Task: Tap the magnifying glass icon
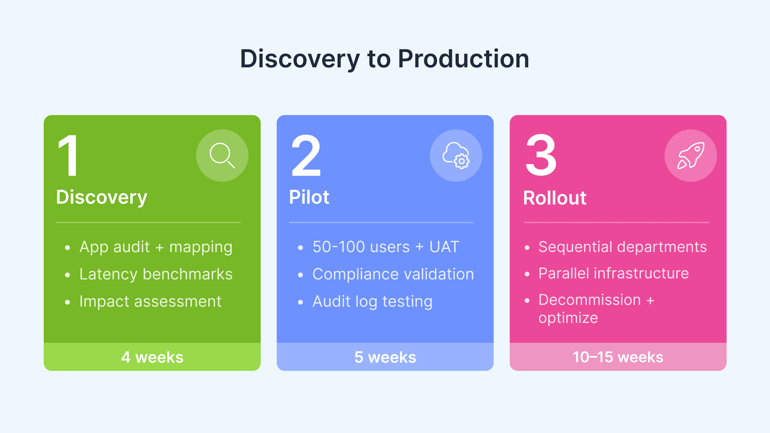222,155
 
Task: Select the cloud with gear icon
456,156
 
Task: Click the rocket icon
691,156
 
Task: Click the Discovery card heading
101,197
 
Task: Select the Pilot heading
309,197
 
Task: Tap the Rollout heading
555,198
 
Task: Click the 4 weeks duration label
152,357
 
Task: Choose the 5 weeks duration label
385,357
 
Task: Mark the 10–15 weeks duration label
618,357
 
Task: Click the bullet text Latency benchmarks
156,274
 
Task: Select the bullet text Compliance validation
393,274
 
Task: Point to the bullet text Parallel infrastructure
613,273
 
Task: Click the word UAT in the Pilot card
444,247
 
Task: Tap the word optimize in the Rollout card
568,318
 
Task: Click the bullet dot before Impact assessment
67,302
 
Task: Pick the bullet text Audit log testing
372,301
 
